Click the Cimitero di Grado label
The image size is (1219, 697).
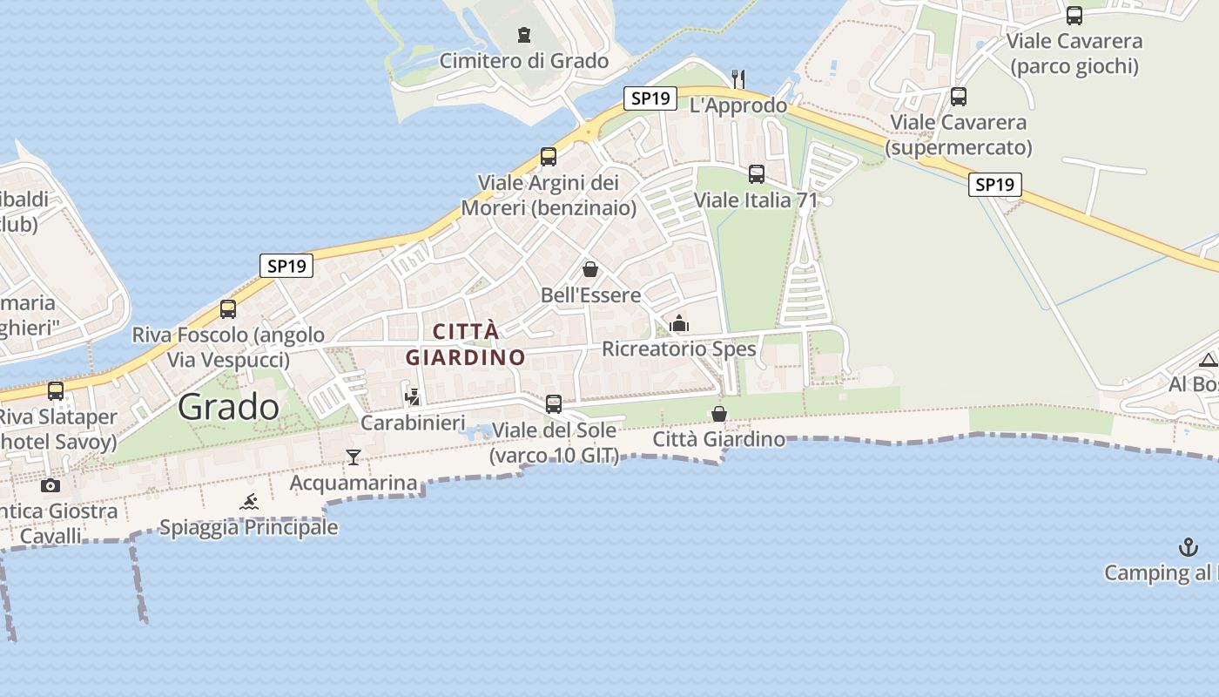click(523, 61)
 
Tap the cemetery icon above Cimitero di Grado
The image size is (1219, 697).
click(523, 35)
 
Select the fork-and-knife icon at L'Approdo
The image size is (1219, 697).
click(738, 79)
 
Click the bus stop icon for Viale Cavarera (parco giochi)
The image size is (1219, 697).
click(1074, 15)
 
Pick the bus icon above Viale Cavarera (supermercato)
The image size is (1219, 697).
click(959, 97)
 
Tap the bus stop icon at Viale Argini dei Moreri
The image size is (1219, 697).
click(549, 157)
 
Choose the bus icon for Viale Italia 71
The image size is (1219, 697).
click(757, 174)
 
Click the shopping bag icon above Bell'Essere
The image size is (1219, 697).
click(590, 269)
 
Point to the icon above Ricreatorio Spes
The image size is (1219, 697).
click(679, 324)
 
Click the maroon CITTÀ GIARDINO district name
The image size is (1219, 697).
click(466, 344)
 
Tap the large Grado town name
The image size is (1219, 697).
click(229, 407)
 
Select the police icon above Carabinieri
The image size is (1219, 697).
click(413, 396)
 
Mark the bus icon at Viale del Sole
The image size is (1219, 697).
click(554, 404)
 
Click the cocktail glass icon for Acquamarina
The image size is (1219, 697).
click(353, 457)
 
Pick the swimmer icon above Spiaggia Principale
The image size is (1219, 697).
click(249, 502)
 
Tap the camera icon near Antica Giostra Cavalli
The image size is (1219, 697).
click(51, 485)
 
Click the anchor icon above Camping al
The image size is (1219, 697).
click(1189, 547)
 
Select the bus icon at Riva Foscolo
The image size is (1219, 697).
click(228, 309)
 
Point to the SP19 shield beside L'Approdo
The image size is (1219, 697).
click(650, 98)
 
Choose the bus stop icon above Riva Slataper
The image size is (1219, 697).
click(56, 391)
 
